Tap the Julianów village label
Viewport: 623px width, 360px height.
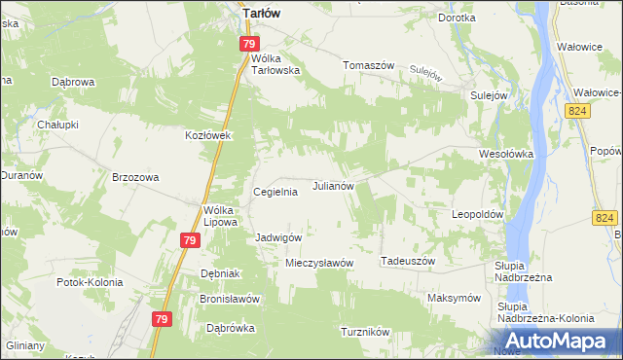339,185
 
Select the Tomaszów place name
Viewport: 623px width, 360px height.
368,65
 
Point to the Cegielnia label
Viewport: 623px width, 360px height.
275,193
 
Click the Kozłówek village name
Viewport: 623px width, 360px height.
207,135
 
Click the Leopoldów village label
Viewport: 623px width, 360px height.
477,213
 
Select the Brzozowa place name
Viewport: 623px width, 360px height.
135,177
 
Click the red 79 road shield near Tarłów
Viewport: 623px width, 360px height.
250,44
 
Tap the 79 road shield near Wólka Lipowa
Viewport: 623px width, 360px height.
190,240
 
